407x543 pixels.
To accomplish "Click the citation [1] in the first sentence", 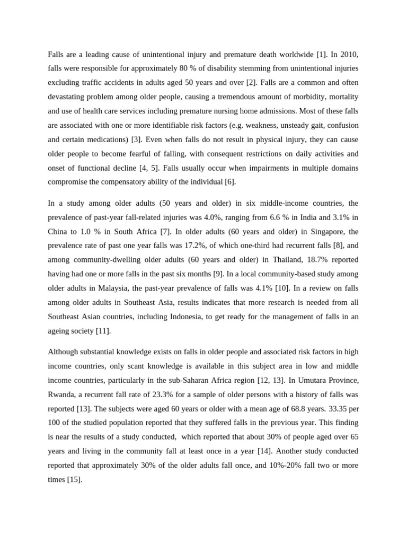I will [x=321, y=55].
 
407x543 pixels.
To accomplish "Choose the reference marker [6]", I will [x=231, y=182].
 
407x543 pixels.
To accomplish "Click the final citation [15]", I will [x=73, y=479].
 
